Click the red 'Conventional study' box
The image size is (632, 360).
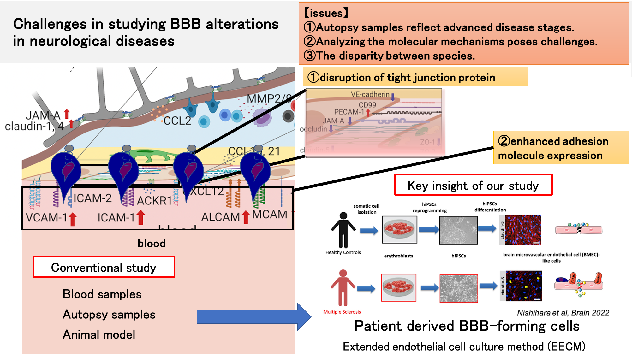pos(104,267)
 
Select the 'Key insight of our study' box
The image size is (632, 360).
pos(473,185)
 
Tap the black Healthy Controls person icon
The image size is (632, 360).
pos(343,230)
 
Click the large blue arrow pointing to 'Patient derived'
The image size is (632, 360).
pos(253,316)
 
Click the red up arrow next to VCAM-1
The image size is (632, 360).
pos(73,219)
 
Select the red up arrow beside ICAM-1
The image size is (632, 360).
pos(141,217)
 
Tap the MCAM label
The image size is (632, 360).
pos(269,215)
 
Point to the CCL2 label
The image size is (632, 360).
pos(177,121)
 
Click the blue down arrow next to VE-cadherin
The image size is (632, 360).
pos(393,97)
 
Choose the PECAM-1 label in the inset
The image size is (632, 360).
pos(349,112)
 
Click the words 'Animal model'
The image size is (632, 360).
pos(99,334)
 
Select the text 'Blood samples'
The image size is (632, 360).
pos(102,294)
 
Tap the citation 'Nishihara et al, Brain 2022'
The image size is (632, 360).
pos(563,313)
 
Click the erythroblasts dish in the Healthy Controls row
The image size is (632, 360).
pos(399,229)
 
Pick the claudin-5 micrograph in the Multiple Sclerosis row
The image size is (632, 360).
pos(523,286)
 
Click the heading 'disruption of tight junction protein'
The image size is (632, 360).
pos(407,77)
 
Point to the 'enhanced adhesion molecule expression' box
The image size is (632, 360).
pos(561,148)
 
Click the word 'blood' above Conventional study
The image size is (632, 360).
pos(152,243)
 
